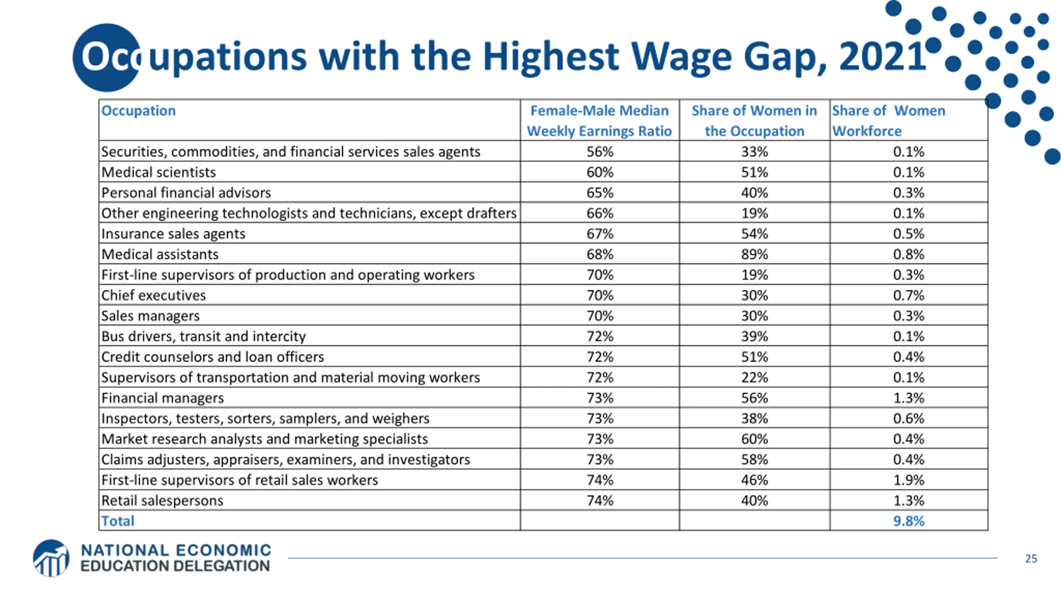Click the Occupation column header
point(138,111)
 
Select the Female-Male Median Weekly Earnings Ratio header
point(599,121)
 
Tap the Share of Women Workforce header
point(888,121)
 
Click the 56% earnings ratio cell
point(599,152)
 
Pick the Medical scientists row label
point(158,172)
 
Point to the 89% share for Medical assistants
point(754,254)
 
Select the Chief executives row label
point(153,295)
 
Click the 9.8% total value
point(908,521)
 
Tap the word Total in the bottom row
point(118,521)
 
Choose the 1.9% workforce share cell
point(908,480)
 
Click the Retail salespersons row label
point(162,500)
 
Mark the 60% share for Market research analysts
point(754,439)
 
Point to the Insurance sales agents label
point(173,234)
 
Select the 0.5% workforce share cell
point(908,234)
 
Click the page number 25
point(1031,559)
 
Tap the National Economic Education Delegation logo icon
point(51,558)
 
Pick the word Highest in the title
point(550,56)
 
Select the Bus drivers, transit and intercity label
point(203,336)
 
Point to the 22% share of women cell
point(754,377)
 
